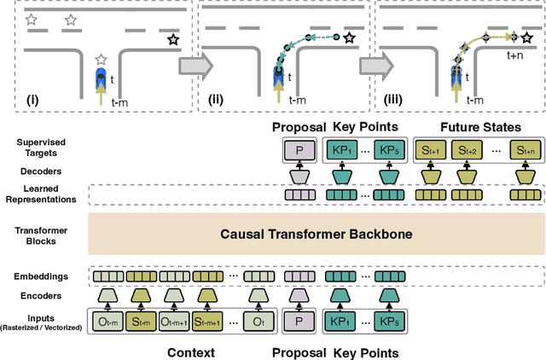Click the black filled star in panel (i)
click(172, 39)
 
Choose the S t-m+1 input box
click(207, 323)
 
